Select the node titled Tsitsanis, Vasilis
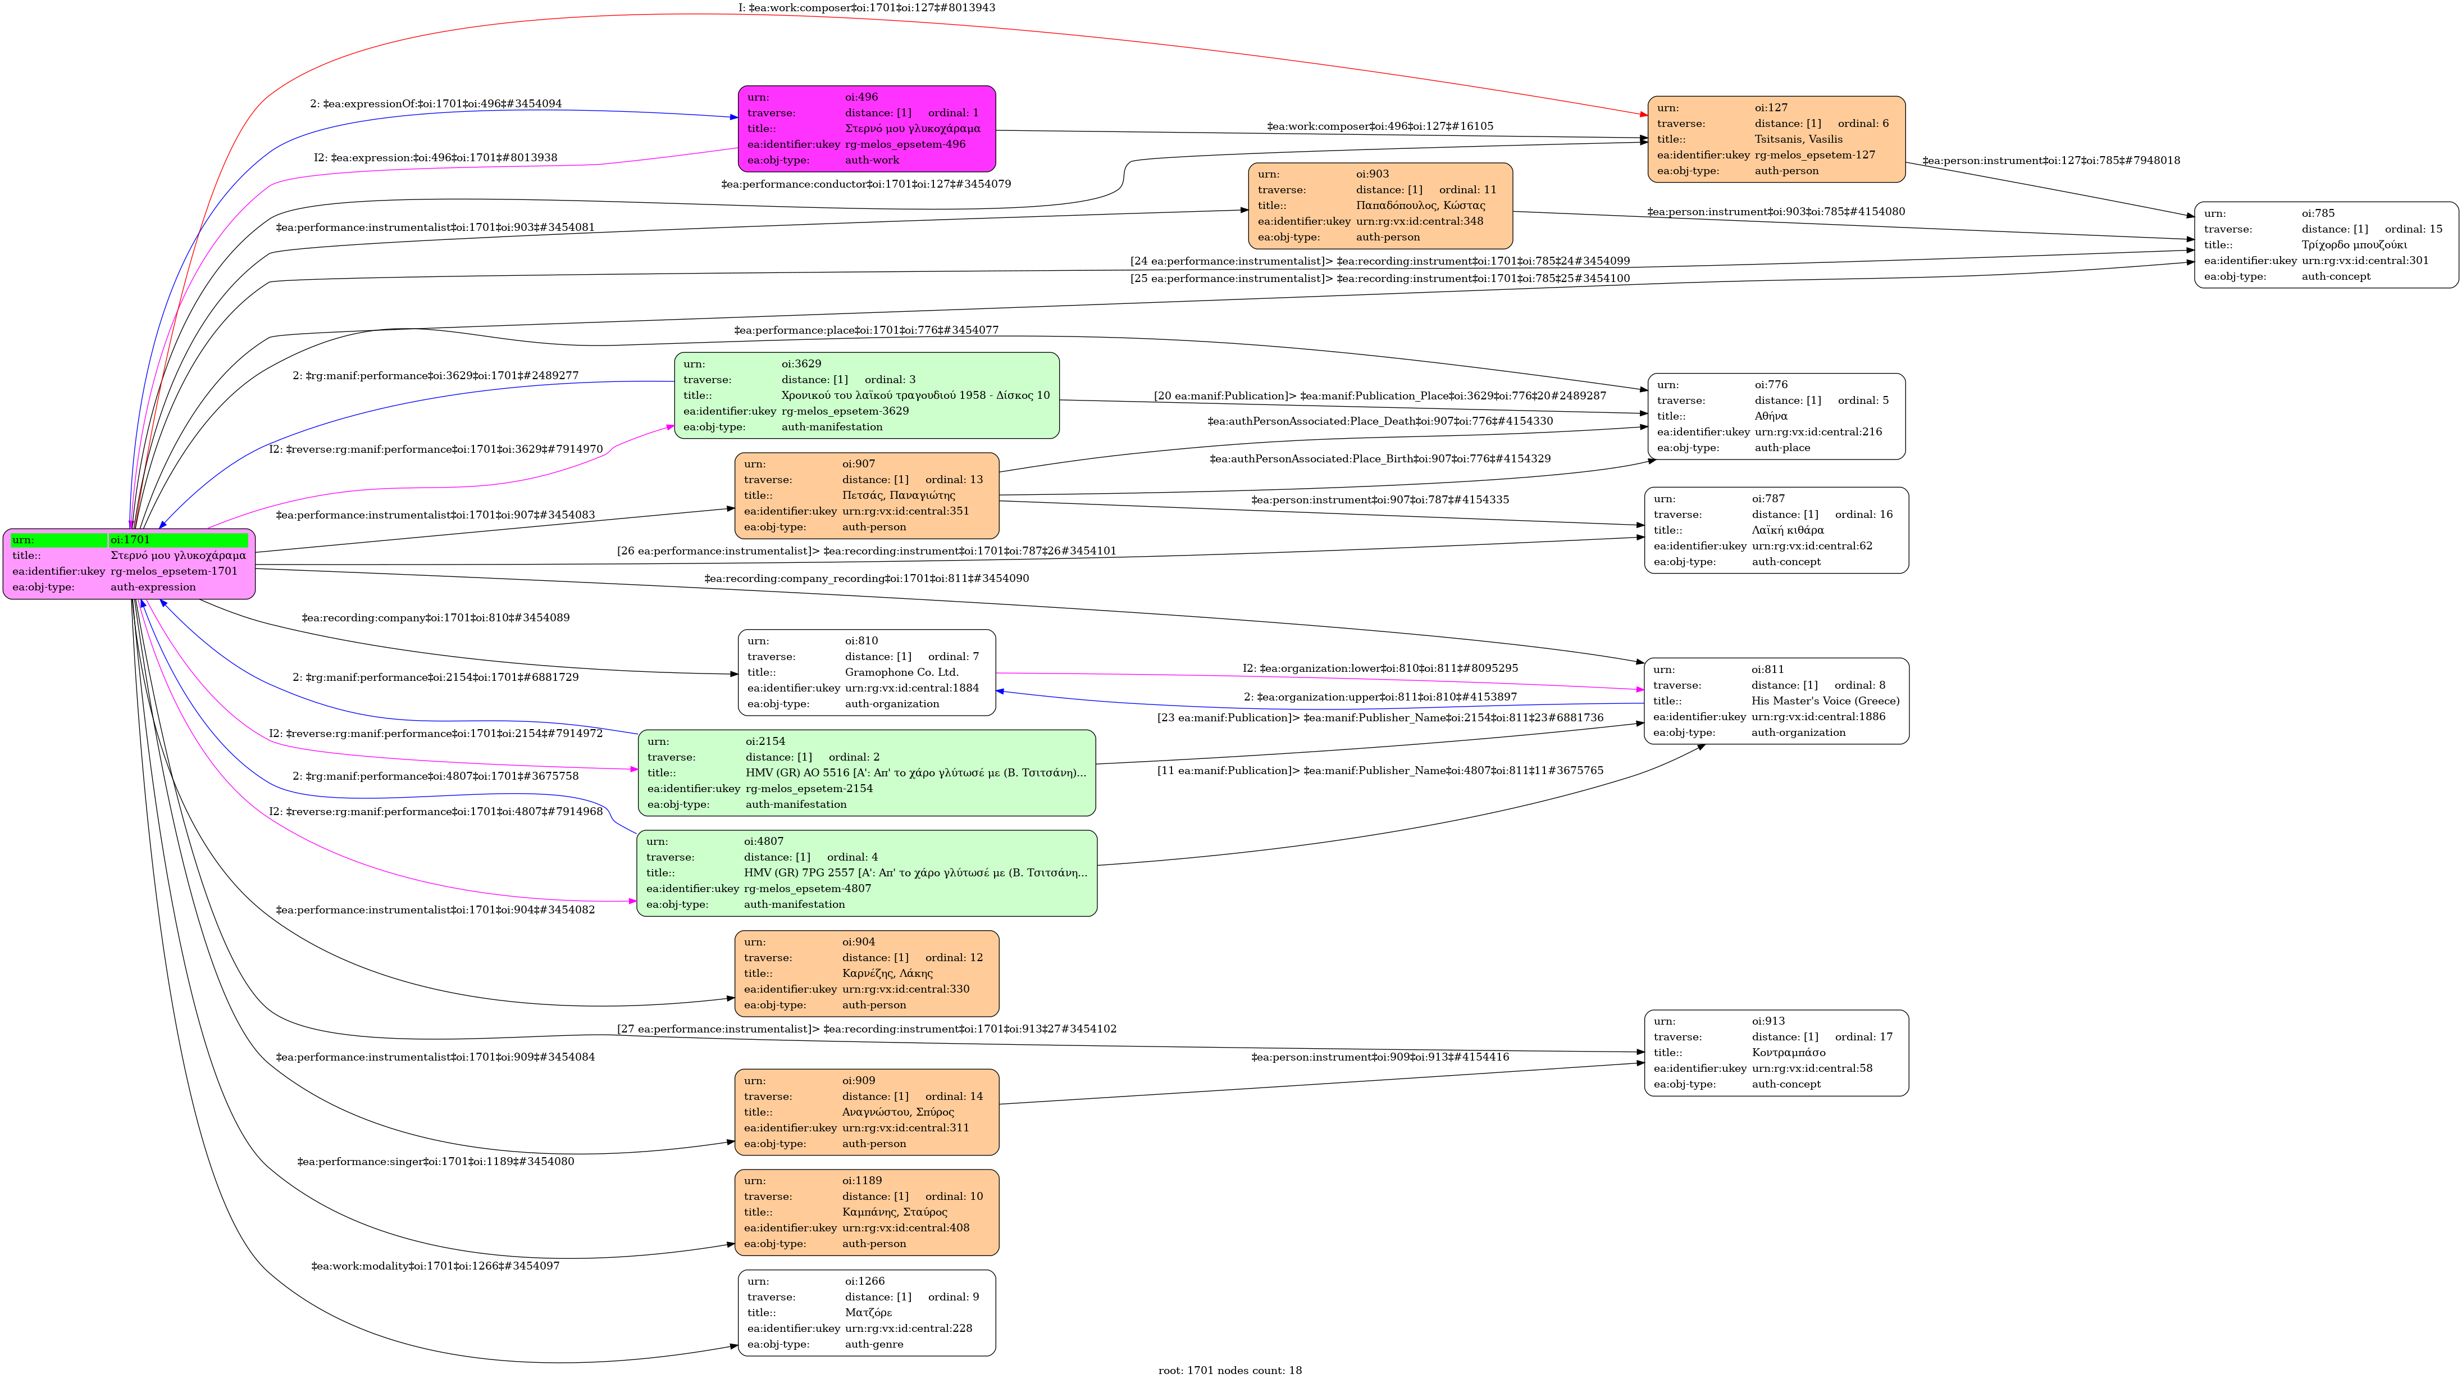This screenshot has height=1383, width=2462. pyautogui.click(x=1776, y=139)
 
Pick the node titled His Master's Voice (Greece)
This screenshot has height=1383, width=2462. pyautogui.click(x=1776, y=700)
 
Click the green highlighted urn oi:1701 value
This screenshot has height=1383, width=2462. pyautogui.click(x=178, y=540)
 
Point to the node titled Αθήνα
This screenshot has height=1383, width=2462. pyautogui.click(x=1776, y=416)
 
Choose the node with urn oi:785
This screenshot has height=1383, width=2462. pyautogui.click(x=2326, y=245)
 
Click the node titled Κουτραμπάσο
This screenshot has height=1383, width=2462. pyautogui.click(x=1776, y=1052)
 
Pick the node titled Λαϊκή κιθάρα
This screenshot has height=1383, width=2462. pyautogui.click(x=1776, y=530)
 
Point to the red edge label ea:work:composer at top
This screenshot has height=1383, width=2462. pyautogui.click(x=866, y=8)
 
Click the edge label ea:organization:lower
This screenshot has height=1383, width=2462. pyautogui.click(x=1379, y=668)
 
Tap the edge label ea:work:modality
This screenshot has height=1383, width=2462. pyautogui.click(x=435, y=1266)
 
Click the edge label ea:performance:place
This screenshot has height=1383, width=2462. pyautogui.click(x=866, y=330)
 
